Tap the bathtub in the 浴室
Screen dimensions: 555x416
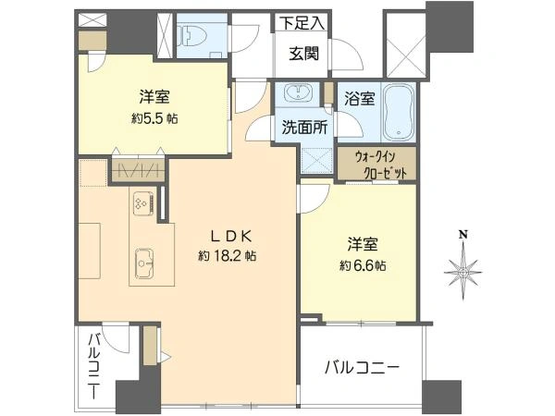pyautogui.click(x=399, y=112)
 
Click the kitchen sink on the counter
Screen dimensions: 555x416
pyautogui.click(x=144, y=263)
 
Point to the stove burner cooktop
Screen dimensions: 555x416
pyautogui.click(x=143, y=203)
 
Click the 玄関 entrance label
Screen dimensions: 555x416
pyautogui.click(x=304, y=54)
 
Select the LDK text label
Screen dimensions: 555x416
pyautogui.click(x=232, y=237)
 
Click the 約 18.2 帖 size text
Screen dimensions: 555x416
pyautogui.click(x=228, y=256)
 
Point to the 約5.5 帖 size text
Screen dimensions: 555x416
pyautogui.click(x=154, y=118)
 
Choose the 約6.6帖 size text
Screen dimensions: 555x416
pyautogui.click(x=363, y=265)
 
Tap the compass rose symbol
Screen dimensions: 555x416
pyautogui.click(x=463, y=273)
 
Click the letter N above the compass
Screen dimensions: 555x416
pyautogui.click(x=462, y=234)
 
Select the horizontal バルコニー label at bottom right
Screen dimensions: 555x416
pyautogui.click(x=362, y=368)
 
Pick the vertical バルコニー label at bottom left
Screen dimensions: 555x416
pyautogui.click(x=93, y=366)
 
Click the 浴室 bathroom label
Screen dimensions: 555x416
pyautogui.click(x=360, y=98)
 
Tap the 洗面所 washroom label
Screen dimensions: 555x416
pyautogui.click(x=304, y=128)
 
